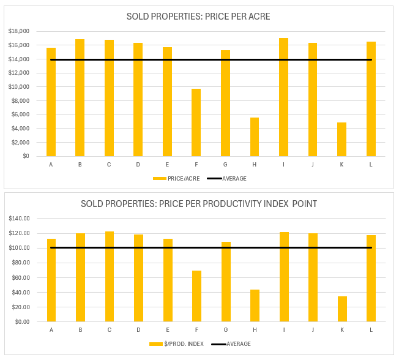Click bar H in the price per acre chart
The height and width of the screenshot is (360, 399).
point(255,137)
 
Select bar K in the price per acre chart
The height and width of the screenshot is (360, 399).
point(341,139)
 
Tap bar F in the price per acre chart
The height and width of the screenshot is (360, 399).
point(196,122)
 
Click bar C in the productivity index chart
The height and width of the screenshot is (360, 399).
point(109,276)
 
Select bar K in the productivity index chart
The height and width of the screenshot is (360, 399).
point(342,309)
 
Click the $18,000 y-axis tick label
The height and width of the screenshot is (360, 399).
point(19,31)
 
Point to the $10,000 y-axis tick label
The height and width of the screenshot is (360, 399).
point(19,87)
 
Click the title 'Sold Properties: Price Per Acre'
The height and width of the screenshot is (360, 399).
point(198,17)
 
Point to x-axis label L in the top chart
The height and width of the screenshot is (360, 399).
point(371,165)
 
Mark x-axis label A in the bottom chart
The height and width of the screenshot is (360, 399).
point(51,330)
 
